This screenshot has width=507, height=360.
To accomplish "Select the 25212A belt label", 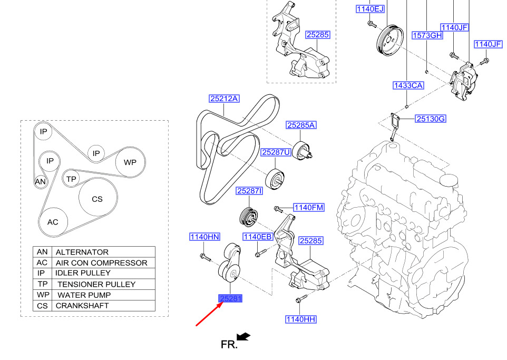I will point(224,98).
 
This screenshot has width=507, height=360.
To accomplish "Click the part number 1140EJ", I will point(370,8).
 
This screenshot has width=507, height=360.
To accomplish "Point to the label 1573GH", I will point(427,35).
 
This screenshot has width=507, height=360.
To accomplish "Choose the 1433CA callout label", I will point(408,85).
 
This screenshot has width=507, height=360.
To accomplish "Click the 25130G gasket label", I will point(431,119).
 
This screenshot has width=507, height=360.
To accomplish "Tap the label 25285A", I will point(301,125).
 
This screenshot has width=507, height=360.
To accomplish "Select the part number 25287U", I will point(276,152).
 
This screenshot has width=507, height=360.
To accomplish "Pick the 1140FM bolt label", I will point(308,208).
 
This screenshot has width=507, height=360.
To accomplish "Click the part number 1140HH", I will point(301,319).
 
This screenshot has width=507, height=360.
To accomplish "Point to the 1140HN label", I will point(204,237).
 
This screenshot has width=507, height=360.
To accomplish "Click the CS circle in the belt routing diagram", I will point(97,199).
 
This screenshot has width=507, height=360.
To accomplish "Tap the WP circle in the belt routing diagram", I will point(130,162).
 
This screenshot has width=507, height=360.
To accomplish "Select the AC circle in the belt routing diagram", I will point(53,222).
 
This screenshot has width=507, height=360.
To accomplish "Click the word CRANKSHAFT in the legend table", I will point(82,306).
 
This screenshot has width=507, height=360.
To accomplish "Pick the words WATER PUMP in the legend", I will point(84,295).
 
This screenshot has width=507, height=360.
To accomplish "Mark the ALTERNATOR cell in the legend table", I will point(82,252).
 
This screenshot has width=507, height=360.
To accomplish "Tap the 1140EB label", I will point(257,237).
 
